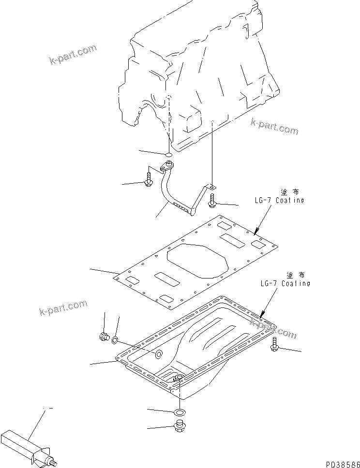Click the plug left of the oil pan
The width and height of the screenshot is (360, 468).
coord(104,337)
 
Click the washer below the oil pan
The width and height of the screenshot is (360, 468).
coord(179,412)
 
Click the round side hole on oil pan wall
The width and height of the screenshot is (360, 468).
coord(158,355)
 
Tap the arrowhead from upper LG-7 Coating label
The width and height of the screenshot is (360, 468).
coord(255,233)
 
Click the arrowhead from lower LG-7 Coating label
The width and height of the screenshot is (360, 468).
coord(262,315)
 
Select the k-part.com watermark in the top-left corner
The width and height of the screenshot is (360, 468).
coord(73,54)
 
